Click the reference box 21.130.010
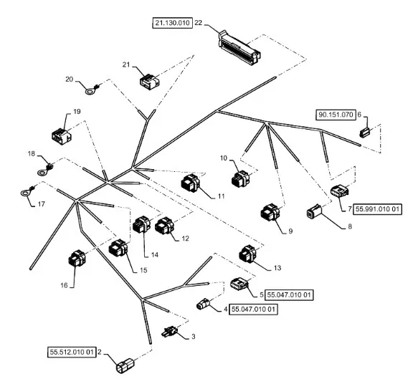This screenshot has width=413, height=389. pyautogui.click(x=173, y=23)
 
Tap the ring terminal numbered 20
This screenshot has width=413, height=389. pyautogui.click(x=93, y=90)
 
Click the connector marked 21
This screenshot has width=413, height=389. pyautogui.click(x=150, y=82)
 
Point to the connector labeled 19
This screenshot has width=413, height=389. pyautogui.click(x=62, y=136)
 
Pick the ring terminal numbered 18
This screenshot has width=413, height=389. pyautogui.click(x=45, y=170)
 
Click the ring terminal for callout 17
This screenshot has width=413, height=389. pyautogui.click(x=28, y=191)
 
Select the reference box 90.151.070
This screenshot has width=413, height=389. pyautogui.click(x=336, y=115)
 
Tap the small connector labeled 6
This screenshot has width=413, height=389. pyautogui.click(x=364, y=133)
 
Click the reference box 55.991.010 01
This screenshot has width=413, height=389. pyautogui.click(x=377, y=209)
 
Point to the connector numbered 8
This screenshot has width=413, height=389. pyautogui.click(x=314, y=211)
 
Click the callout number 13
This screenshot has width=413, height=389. pyautogui.click(x=277, y=268)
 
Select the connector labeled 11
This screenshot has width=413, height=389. pyautogui.click(x=191, y=183)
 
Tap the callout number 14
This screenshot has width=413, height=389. pyautogui.click(x=155, y=255)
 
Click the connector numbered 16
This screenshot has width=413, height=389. pyautogui.click(x=77, y=258)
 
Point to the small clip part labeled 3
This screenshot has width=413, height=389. pyautogui.click(x=170, y=331)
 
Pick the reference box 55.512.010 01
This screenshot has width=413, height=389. pyautogui.click(x=72, y=352)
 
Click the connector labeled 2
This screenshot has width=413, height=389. pyautogui.click(x=125, y=365)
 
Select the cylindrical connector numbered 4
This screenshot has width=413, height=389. pyautogui.click(x=203, y=304)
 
